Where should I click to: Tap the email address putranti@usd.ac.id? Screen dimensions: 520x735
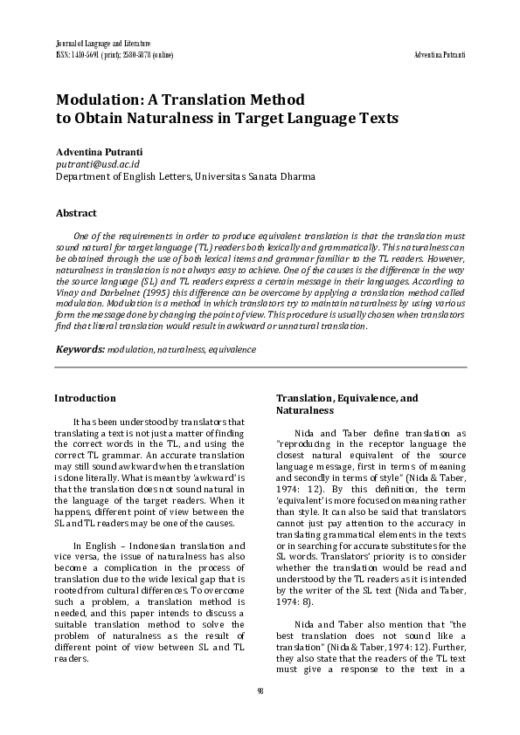coord(99,163)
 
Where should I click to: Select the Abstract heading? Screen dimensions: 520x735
coord(76,213)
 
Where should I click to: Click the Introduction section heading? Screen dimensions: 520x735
coord(85,398)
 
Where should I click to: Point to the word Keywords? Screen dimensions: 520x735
coord(80,349)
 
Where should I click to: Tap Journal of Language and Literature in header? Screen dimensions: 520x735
coord(102,44)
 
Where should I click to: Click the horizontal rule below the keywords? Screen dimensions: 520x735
coord(260,367)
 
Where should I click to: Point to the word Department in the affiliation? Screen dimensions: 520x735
coord(84,175)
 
